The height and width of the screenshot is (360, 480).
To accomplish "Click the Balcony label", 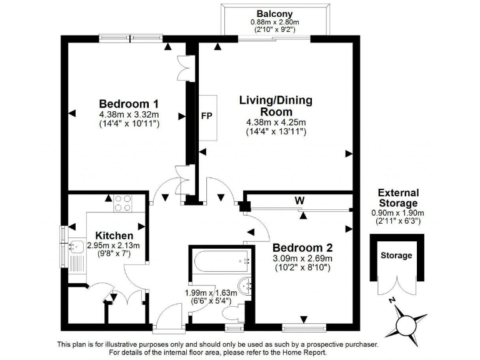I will click(x=274, y=14).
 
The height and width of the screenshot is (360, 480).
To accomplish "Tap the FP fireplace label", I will click(x=207, y=116).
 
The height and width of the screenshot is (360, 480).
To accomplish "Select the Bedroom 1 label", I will click(x=129, y=104).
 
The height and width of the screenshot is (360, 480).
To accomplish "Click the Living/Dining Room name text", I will click(x=276, y=106).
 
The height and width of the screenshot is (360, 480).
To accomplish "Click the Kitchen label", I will click(x=114, y=236).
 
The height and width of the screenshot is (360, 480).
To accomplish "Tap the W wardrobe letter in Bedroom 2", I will click(x=300, y=201).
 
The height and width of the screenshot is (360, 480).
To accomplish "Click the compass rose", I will click(x=406, y=324).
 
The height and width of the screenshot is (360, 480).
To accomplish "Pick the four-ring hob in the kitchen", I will click(x=123, y=204).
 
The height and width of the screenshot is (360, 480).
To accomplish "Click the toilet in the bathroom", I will click(x=234, y=312).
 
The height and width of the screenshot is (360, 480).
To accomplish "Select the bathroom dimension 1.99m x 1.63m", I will click(x=211, y=292).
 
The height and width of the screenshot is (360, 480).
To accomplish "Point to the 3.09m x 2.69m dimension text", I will click(x=302, y=258).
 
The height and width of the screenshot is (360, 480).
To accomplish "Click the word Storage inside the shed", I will click(x=397, y=256).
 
